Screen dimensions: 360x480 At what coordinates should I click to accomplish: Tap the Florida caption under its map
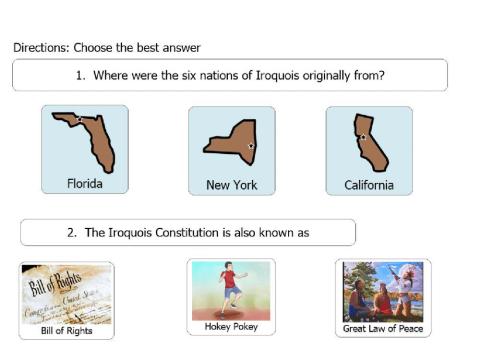(85, 183)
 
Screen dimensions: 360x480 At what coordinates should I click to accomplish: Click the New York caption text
(231, 185)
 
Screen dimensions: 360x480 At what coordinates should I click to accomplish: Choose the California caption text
(368, 185)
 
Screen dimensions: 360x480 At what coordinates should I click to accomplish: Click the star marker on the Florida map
(78, 120)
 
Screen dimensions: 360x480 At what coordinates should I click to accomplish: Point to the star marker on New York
(251, 146)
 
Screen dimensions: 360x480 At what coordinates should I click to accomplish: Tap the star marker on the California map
(363, 137)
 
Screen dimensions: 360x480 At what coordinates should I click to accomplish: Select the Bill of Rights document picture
(66, 294)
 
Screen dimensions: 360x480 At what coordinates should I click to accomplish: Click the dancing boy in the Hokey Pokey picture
(230, 285)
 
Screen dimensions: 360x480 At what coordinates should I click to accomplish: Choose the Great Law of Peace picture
(383, 291)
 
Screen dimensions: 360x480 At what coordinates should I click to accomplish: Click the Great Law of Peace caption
(383, 328)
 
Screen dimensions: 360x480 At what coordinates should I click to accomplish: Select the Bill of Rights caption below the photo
(66, 330)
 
